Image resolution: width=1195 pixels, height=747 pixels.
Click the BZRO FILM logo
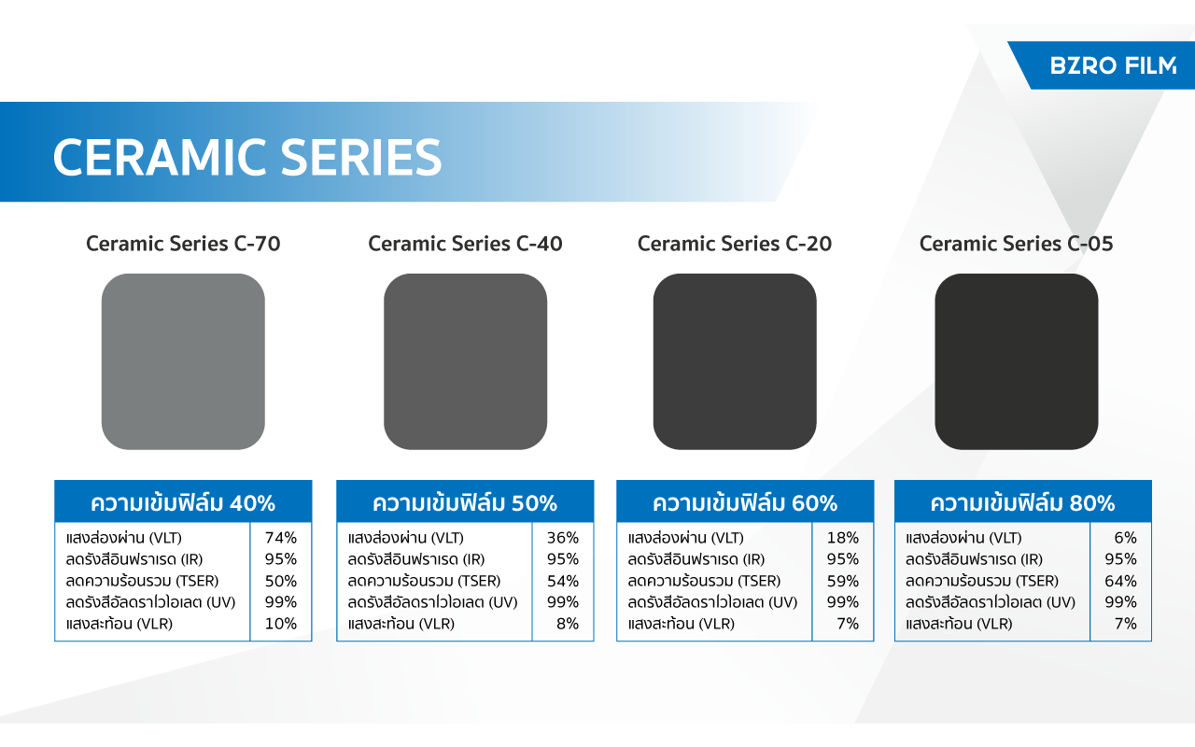point(1113,65)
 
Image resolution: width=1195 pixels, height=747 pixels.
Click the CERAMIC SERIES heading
point(247,157)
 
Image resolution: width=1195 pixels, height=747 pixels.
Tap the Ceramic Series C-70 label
point(183,244)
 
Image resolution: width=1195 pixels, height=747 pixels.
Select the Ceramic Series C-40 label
point(465,244)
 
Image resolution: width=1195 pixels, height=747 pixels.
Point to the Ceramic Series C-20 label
point(735,244)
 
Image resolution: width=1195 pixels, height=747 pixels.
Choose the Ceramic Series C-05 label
point(1017,244)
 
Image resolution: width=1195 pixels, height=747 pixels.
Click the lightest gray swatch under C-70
point(183,361)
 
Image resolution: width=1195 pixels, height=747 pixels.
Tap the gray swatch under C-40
point(465,361)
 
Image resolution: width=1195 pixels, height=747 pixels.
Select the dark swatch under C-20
point(735,361)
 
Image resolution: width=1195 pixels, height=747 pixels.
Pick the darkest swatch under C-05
point(1017,361)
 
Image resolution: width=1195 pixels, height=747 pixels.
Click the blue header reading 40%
point(183,501)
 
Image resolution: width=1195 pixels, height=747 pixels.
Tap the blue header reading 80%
point(1022,501)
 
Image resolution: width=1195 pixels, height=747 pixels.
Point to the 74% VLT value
point(281,537)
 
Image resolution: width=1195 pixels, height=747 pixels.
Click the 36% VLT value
point(563,537)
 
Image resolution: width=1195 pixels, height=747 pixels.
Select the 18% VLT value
point(843,537)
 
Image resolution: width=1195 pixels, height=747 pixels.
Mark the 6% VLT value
point(1126,537)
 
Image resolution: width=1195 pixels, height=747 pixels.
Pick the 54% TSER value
point(563,581)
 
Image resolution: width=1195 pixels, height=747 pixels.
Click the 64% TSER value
point(1121,581)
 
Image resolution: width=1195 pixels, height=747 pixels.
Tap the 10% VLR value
point(281,623)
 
